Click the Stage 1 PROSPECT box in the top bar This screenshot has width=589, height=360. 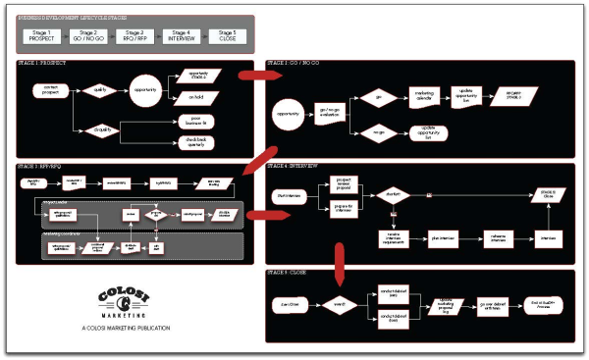click(x=40, y=35)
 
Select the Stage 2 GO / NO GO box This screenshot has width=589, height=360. click(x=88, y=35)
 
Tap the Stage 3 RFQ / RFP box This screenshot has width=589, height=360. click(x=135, y=35)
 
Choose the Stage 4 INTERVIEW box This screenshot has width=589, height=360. click(x=183, y=35)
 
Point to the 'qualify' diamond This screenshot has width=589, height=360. click(x=99, y=89)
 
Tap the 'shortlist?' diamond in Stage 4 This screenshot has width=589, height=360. click(x=392, y=194)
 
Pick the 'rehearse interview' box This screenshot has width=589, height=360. click(x=501, y=237)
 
